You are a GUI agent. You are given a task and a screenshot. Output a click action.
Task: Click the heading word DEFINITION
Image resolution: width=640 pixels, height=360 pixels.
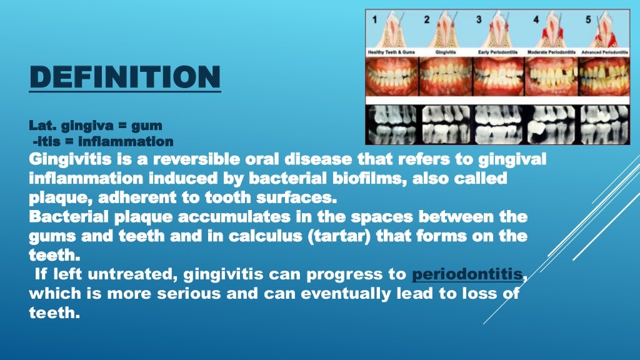[x=124, y=77]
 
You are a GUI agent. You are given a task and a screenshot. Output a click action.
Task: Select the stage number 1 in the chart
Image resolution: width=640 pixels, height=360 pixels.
[x=374, y=19]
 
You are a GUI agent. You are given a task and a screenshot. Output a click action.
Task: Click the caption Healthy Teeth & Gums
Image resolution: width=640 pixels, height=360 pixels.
[x=391, y=52]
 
